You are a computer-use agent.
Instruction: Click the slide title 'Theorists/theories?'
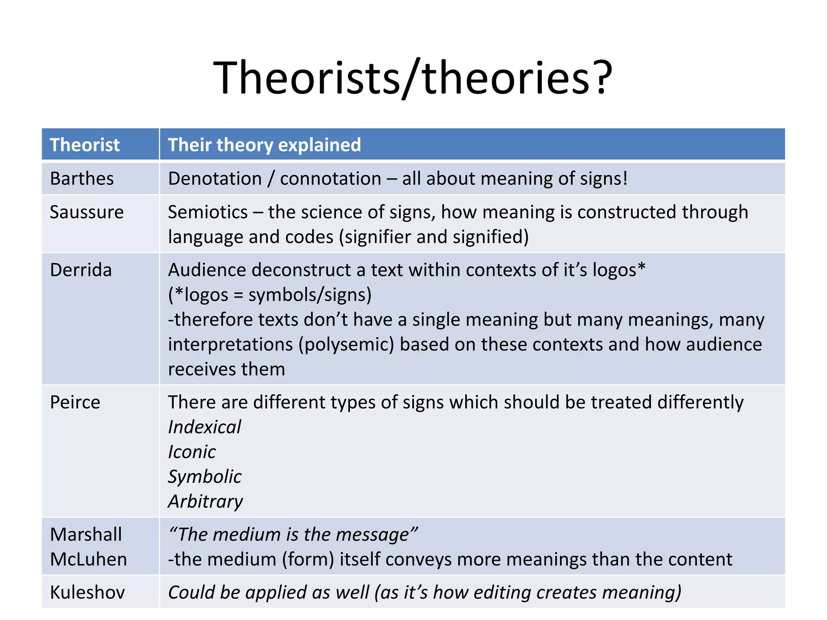413,77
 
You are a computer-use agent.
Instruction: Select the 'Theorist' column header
84,145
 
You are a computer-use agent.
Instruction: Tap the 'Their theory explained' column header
264,145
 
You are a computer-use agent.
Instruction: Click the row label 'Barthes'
82,178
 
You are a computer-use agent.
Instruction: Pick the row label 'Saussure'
86,212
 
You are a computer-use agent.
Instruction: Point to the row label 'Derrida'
81,270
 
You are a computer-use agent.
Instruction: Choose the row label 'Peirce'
75,402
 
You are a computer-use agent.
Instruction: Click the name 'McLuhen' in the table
88,559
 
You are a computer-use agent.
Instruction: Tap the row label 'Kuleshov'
87,593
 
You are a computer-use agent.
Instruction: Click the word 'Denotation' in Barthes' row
215,178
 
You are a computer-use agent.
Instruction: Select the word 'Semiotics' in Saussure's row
208,212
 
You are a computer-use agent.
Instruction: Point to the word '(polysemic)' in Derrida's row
346,344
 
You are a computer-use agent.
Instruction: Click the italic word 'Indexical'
204,427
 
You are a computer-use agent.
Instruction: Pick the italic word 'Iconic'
192,452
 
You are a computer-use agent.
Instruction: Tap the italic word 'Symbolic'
205,477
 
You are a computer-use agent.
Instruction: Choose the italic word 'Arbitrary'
206,502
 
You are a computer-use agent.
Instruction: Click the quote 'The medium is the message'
293,535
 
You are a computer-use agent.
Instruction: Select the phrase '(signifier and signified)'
434,237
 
